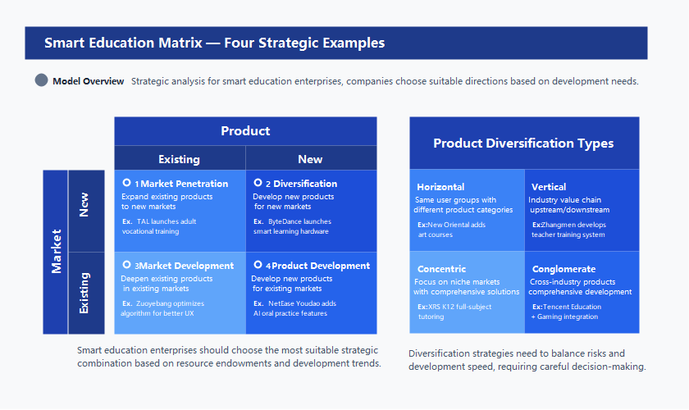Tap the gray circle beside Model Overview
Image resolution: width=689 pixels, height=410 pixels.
pos(42,80)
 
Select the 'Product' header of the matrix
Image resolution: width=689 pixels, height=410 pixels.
pos(245,131)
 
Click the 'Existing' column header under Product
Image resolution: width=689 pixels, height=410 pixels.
pos(179,159)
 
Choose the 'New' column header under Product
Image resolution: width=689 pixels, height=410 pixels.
pos(310,159)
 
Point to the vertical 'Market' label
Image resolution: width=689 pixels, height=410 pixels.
pos(56,251)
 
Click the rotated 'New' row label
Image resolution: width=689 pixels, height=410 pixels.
pos(84,205)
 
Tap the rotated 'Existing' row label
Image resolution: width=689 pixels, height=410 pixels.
pos(84,293)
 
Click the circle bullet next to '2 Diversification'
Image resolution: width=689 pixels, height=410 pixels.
pos(258,183)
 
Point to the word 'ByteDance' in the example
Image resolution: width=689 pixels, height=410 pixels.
pos(286,221)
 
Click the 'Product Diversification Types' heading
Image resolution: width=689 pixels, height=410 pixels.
pos(523,143)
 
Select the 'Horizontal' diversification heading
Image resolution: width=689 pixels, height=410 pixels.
pos(440,187)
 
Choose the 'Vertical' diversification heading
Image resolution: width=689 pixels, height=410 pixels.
pos(549,187)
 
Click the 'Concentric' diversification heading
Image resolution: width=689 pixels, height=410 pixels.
pos(441,269)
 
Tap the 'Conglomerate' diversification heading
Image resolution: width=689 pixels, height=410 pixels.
pos(564,269)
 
